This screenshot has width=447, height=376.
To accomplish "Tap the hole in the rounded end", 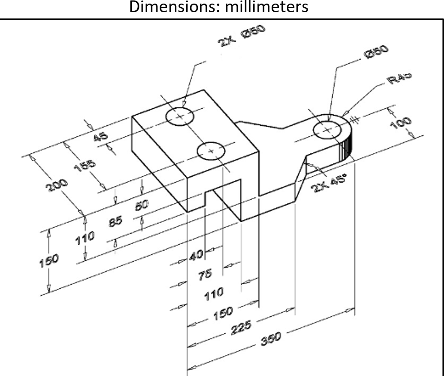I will click(x=326, y=130).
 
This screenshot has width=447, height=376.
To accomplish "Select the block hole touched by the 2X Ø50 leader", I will click(x=180, y=116).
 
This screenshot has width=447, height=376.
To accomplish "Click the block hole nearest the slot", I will click(x=212, y=151).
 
